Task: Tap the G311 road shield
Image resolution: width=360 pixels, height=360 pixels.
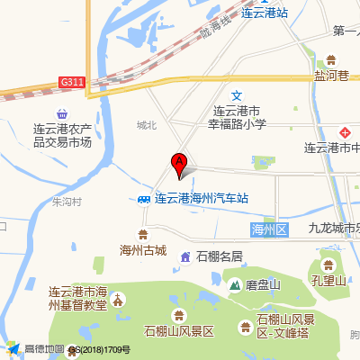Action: [x=73, y=82]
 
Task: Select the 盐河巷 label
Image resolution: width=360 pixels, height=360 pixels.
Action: [x=330, y=77]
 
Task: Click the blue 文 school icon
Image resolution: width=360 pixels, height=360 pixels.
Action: [x=237, y=96]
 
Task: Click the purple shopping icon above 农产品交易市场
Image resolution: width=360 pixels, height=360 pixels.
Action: [x=61, y=114]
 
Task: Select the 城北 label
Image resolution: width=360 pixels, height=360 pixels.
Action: [x=147, y=125]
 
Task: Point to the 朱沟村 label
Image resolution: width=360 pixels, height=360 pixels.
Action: [x=67, y=202]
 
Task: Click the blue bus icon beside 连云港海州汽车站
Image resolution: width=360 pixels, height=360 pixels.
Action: [x=144, y=199]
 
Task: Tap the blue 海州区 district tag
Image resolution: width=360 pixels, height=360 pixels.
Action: [x=267, y=230]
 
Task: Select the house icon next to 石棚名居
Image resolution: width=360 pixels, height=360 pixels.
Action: [x=184, y=257]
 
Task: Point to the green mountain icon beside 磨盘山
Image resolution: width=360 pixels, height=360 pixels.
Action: [x=234, y=285]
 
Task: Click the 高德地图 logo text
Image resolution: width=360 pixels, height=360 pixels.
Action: [x=42, y=350]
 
